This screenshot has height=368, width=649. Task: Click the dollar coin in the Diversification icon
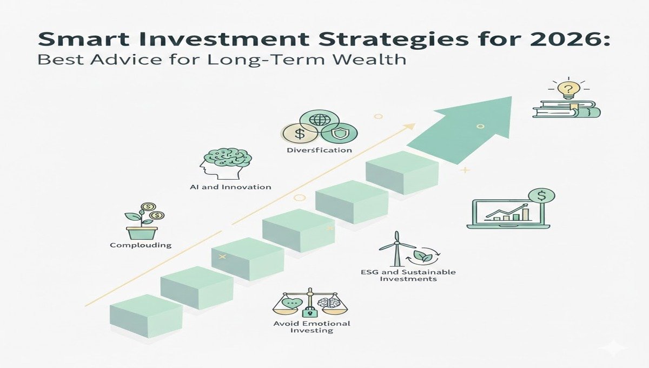point(299,133)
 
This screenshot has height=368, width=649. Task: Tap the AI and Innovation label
point(230,187)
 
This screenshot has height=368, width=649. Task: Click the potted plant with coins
point(142,221)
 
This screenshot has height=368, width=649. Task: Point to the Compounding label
point(141,245)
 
